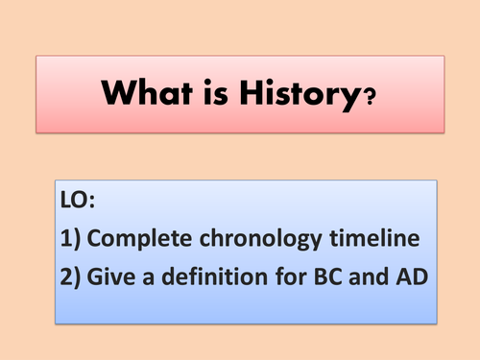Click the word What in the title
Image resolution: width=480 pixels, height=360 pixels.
coord(144,94)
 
